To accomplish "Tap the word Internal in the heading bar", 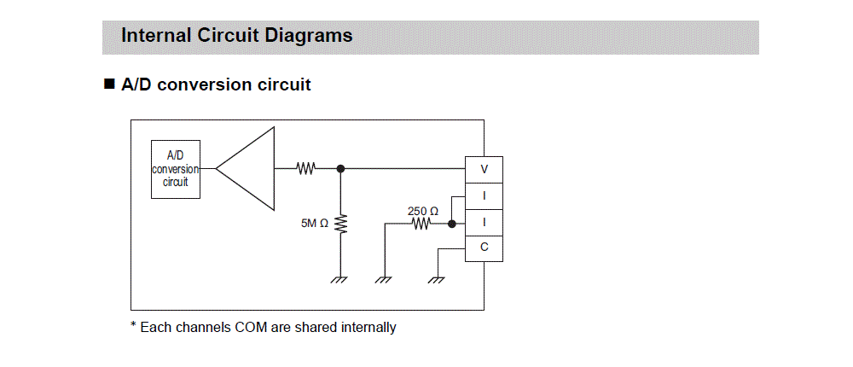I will click(154, 36).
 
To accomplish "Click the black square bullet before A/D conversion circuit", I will click(108, 84).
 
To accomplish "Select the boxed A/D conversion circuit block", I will click(176, 170).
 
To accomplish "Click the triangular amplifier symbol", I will click(247, 168).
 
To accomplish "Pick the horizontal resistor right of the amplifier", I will click(305, 168).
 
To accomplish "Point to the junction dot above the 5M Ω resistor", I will click(341, 168).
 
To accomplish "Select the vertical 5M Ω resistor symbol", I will click(341, 224).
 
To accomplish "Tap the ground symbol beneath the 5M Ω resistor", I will click(341, 279).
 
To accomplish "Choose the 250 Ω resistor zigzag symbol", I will click(421, 224).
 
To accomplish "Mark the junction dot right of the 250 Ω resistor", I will click(451, 224).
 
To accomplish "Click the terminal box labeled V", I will click(484, 170).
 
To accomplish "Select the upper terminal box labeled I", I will click(484, 195).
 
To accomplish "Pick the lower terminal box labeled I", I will click(484, 222).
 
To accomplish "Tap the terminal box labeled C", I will click(484, 248).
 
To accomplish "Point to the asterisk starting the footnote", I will click(134, 326).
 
